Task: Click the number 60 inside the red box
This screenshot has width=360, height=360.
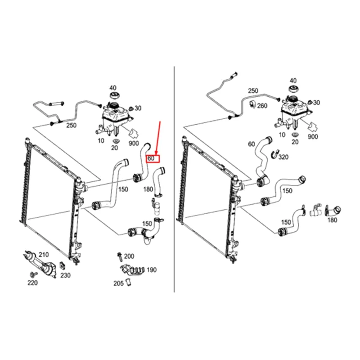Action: pos(151,158)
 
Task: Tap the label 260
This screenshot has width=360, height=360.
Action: pos(262,106)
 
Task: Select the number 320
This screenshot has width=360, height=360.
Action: pos(283,157)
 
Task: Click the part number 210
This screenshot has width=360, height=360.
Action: pos(44,255)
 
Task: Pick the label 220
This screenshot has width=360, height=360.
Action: pos(32,283)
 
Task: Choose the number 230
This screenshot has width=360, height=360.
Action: pos(65,275)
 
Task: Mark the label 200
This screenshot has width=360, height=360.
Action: pos(129,256)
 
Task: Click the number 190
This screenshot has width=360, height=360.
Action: pos(152,270)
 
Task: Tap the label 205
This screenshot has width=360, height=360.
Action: pos(118,283)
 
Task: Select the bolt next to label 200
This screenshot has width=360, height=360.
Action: pos(119,256)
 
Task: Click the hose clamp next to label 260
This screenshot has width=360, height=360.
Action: pos(252,104)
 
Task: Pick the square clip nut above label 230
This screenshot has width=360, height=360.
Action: pos(62,265)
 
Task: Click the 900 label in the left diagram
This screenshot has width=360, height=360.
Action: pos(134,144)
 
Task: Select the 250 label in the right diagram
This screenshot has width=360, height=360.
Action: pos(253,91)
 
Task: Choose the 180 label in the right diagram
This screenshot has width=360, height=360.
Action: pos(332,220)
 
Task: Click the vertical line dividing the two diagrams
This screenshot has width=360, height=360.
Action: pos(174,179)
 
